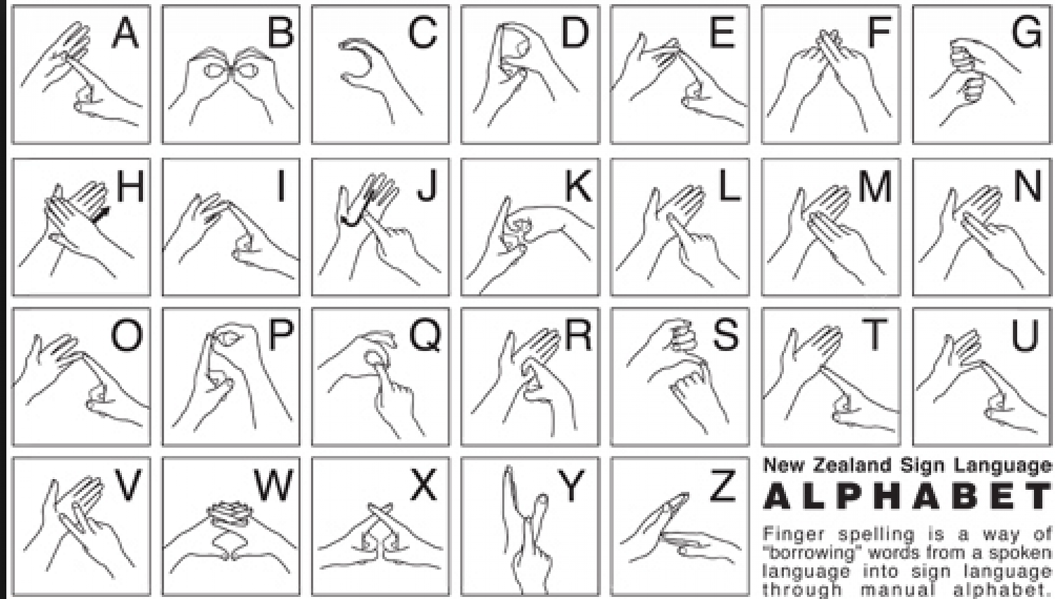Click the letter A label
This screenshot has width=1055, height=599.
126,32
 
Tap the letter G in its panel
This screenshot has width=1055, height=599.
1027,32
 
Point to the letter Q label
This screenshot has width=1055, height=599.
425,336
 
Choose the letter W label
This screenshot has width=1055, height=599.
273,484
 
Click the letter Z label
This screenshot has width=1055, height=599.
722,485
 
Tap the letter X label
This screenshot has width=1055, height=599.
424,484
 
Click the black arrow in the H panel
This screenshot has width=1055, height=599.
101,214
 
